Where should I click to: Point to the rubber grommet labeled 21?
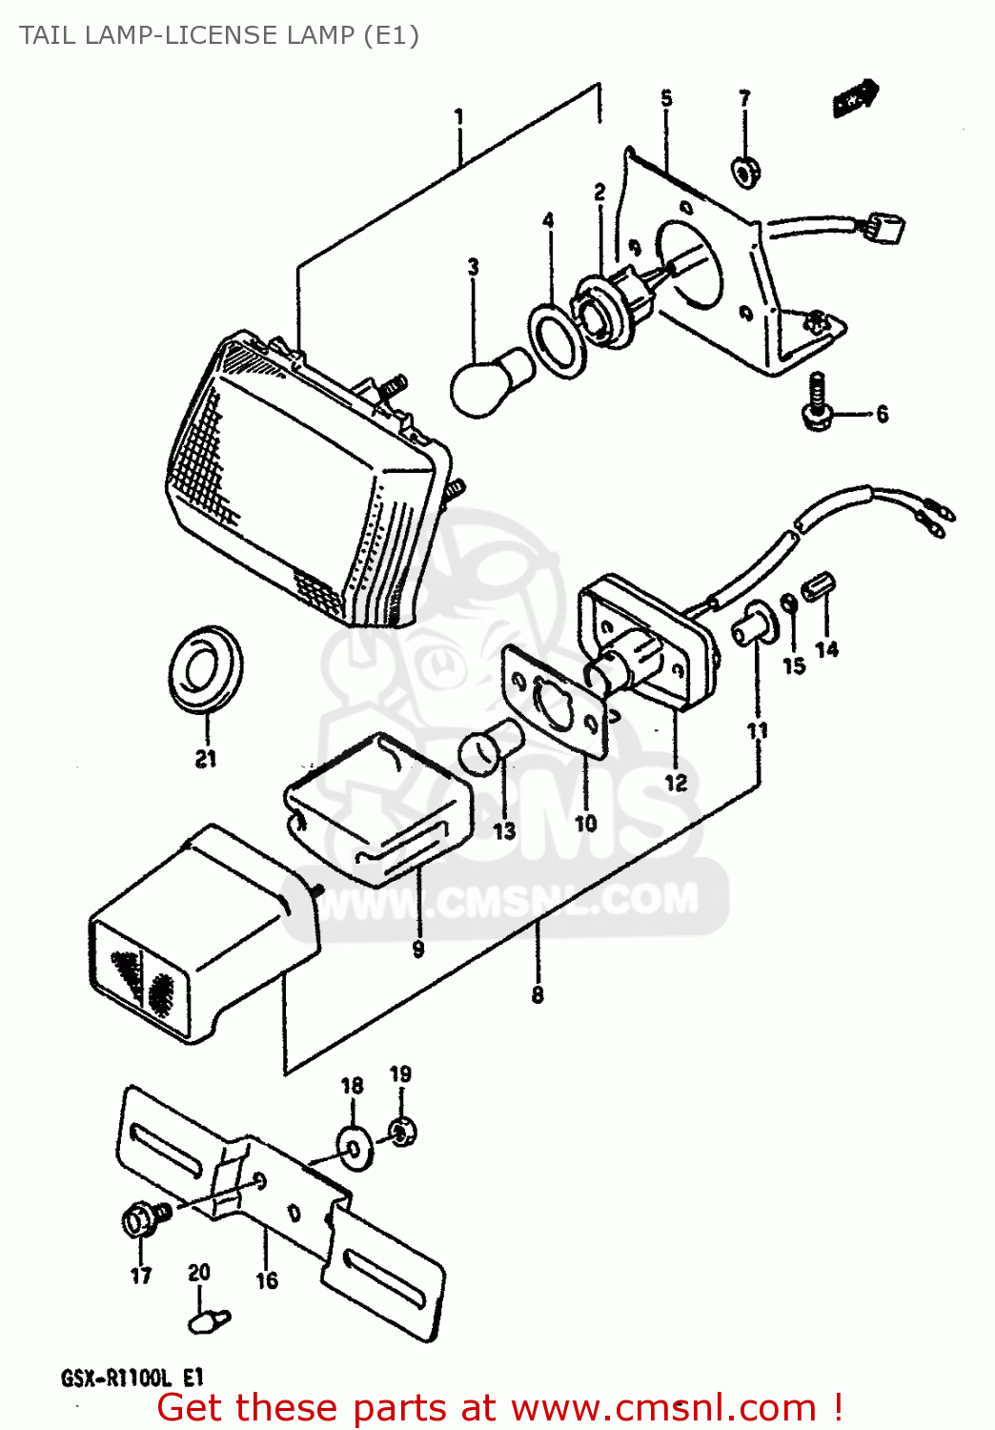point(205,668)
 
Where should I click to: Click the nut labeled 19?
point(401,1132)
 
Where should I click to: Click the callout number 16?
point(267,1280)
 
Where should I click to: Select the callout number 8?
point(538,995)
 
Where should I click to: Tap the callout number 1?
point(458,117)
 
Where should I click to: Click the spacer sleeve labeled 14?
point(819,587)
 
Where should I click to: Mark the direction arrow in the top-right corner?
point(855,98)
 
